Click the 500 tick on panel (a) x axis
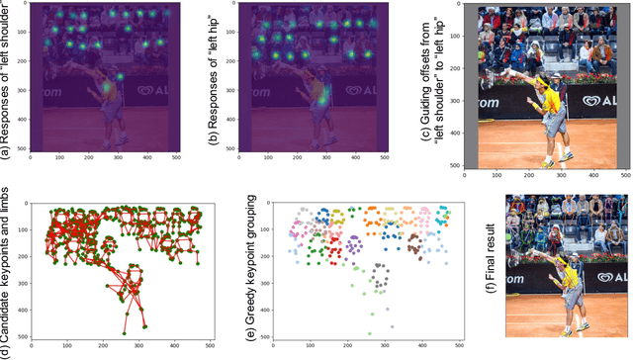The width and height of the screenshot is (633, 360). pos(178,156)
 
